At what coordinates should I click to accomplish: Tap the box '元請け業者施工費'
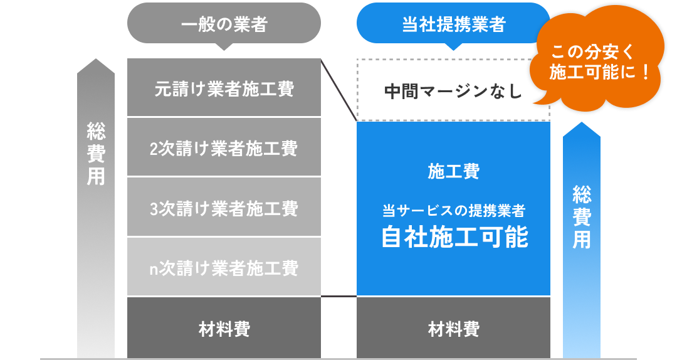click(224, 88)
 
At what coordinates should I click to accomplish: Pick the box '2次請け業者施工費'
click(224, 148)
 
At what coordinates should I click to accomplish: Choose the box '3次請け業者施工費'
click(224, 208)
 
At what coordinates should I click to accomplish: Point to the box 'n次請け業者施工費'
click(224, 268)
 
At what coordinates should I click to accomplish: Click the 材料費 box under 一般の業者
click(224, 328)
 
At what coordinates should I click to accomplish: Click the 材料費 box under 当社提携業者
click(453, 328)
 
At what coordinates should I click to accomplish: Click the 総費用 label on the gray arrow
click(96, 154)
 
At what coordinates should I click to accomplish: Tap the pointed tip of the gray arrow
click(96, 61)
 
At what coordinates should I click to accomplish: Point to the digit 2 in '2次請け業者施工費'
click(154, 149)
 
